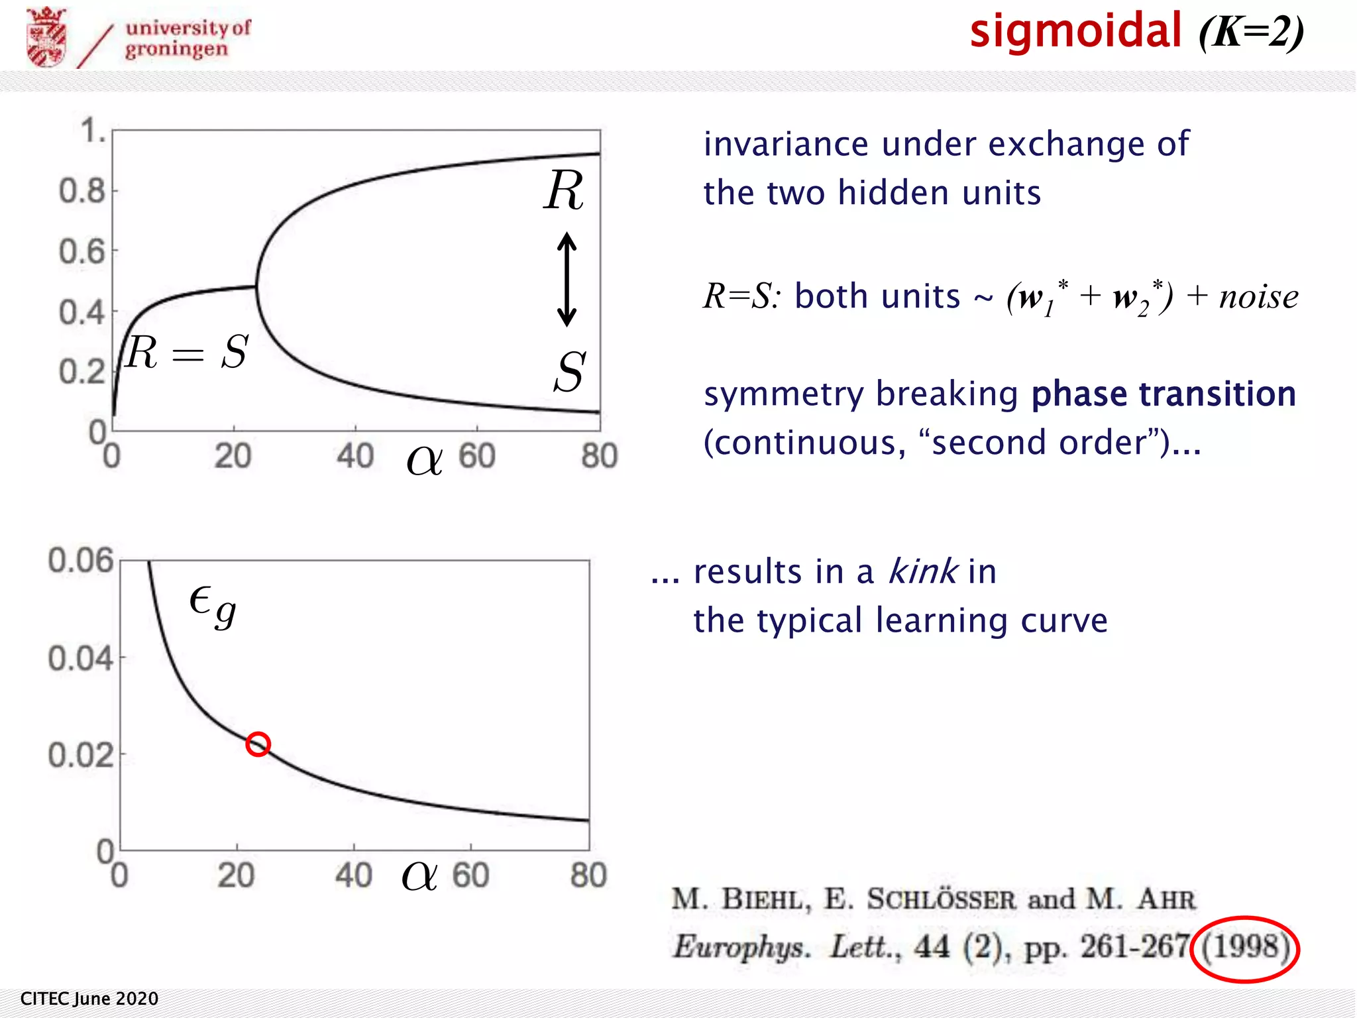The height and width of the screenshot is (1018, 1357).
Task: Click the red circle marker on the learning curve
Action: coord(258,744)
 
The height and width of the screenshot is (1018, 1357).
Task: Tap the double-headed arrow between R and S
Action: coord(567,279)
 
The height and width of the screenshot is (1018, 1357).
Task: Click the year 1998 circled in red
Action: coord(1245,947)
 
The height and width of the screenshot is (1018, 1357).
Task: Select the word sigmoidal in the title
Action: coord(1075,31)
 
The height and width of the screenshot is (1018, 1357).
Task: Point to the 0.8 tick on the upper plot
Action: coord(82,192)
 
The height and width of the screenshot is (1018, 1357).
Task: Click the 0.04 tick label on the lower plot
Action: coord(80,659)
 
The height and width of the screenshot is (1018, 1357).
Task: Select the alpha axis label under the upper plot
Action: coord(424,459)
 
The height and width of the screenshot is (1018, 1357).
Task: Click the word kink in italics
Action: coord(922,571)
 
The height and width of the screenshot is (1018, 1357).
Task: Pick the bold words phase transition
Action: coord(1164,394)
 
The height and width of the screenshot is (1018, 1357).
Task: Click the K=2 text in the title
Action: coord(1251,31)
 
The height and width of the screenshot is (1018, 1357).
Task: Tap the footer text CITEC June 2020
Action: coord(89,999)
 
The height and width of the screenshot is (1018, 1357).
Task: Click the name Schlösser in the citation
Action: coord(941,899)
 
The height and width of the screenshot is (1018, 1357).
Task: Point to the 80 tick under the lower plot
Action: coord(588,876)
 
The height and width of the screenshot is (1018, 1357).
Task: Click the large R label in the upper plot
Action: coord(564,191)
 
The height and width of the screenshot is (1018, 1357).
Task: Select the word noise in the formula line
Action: coord(1259,296)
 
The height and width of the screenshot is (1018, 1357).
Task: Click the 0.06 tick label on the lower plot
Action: coord(80,561)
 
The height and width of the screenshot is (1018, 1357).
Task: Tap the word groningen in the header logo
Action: coord(176,50)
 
